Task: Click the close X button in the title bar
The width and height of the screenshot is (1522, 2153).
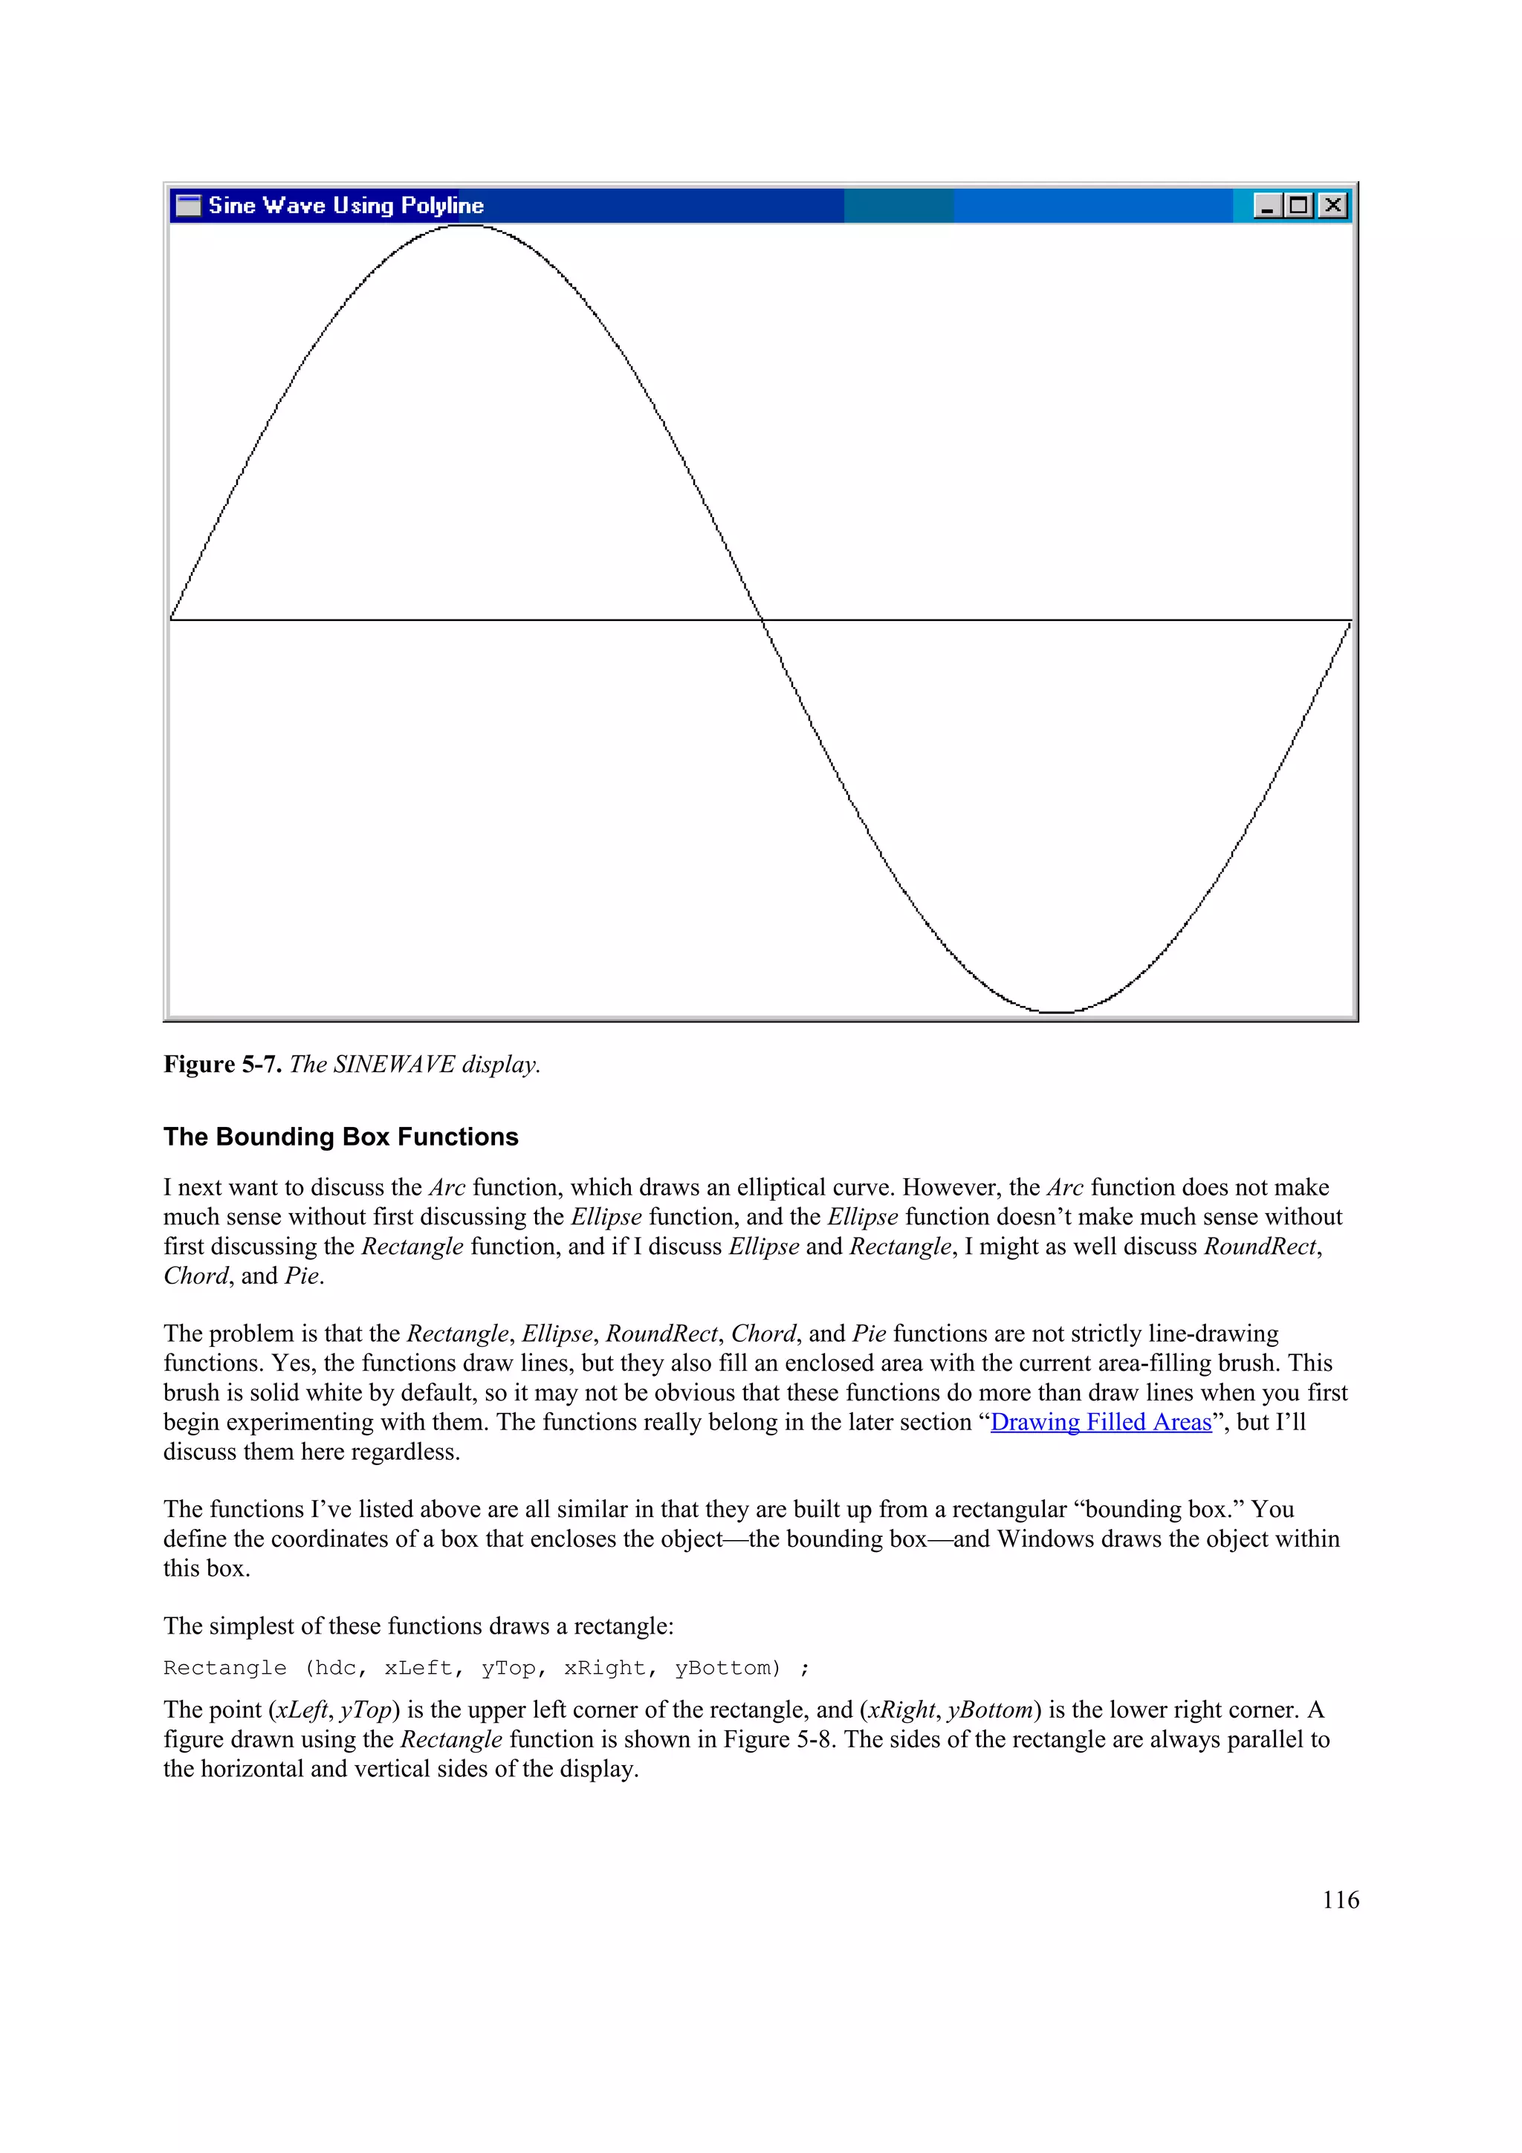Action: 1332,205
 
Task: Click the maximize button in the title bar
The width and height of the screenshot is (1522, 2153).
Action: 1299,205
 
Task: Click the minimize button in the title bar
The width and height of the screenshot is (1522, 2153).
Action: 1267,205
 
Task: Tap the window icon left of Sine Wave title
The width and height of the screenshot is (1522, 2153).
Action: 189,205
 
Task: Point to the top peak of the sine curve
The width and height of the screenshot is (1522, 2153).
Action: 466,226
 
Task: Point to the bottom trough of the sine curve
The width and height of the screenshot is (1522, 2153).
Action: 1057,1012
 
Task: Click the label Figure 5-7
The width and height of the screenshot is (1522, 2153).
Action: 222,1065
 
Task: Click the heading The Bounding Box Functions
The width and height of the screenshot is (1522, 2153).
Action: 340,1137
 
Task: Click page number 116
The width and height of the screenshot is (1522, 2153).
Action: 1340,1900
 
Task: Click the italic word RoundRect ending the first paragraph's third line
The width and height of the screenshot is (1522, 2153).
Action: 1260,1246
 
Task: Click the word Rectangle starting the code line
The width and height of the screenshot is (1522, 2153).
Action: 225,1668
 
